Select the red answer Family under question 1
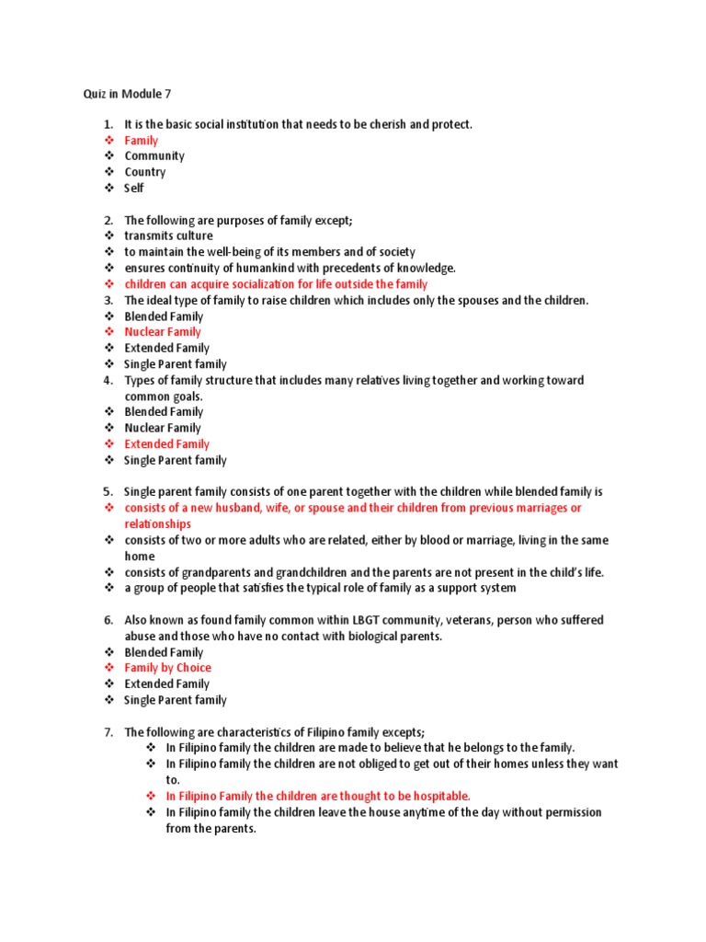(x=142, y=141)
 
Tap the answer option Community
(x=154, y=156)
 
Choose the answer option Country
(x=145, y=172)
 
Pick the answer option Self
(x=134, y=189)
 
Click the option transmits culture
(x=168, y=235)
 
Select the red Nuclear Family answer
(x=163, y=332)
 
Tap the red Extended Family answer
(x=167, y=444)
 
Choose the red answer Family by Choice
(x=168, y=668)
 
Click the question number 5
(x=108, y=492)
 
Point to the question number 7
(x=108, y=732)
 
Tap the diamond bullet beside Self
(x=108, y=189)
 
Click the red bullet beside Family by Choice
(x=108, y=668)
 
